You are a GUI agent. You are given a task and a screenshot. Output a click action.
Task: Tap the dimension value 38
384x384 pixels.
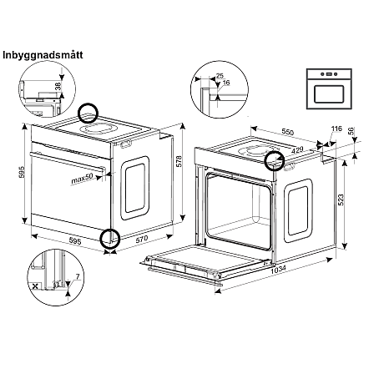(58, 86)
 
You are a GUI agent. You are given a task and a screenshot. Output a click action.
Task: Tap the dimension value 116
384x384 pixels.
(336, 129)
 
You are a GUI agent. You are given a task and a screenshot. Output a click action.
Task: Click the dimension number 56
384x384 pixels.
(351, 133)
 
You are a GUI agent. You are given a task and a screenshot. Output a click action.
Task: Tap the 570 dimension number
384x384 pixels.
(142, 238)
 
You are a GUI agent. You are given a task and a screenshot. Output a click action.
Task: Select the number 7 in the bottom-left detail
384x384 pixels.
(77, 275)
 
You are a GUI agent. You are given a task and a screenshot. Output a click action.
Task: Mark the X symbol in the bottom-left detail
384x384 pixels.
(33, 285)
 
